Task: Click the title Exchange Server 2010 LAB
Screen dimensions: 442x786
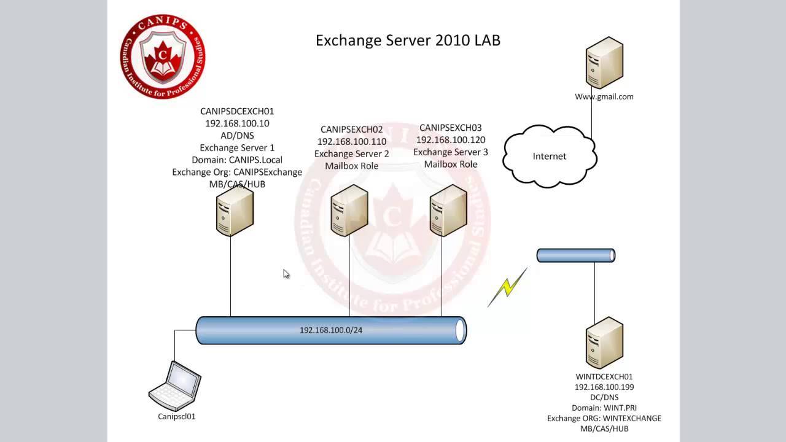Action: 408,41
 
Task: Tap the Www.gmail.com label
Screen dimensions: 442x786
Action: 604,96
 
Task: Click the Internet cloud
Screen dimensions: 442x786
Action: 549,156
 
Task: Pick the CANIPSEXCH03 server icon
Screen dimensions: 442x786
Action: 448,211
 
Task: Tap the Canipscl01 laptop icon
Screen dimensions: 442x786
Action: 175,385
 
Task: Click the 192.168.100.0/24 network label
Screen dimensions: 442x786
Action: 331,330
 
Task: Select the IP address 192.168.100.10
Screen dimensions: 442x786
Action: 237,123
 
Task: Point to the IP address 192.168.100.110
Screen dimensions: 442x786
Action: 352,142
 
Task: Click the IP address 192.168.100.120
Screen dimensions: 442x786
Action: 451,140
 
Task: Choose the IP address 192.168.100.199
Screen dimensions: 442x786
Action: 604,387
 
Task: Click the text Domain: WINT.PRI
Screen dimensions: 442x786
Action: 604,408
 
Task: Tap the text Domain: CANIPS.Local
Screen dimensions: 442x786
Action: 237,160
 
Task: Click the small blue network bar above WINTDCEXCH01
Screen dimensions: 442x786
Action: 575,255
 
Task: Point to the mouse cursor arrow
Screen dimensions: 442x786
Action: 286,273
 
